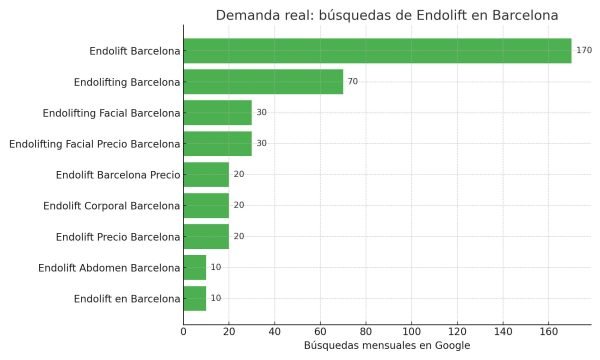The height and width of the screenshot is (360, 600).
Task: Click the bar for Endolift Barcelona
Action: tap(377, 50)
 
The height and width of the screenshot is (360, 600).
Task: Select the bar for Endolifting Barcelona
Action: tap(263, 81)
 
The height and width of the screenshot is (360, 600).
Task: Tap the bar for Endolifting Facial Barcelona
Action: tap(217, 112)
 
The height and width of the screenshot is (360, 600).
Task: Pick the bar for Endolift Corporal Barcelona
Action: tap(206, 205)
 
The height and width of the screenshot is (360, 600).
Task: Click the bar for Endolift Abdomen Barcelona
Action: tap(195, 267)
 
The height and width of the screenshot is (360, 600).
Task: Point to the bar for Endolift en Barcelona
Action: tap(195, 298)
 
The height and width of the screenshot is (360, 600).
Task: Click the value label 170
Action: tap(584, 50)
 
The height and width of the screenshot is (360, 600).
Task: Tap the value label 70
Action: tap(352, 81)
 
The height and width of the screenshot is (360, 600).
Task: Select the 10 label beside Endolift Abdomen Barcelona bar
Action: tap(216, 267)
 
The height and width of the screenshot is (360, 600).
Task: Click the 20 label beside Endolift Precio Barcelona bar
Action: tap(238, 236)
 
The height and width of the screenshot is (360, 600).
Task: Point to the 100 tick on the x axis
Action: tap(411, 331)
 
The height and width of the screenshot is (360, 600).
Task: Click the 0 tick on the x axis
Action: tap(183, 331)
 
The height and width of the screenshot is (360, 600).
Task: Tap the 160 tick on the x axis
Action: tap(548, 331)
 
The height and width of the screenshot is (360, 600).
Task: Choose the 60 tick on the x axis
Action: tap(320, 331)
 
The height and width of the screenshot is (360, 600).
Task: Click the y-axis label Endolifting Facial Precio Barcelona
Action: tap(94, 143)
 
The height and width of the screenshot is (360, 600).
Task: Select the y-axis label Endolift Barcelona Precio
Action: tap(119, 174)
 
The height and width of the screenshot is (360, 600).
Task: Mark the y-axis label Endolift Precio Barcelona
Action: tap(119, 236)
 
